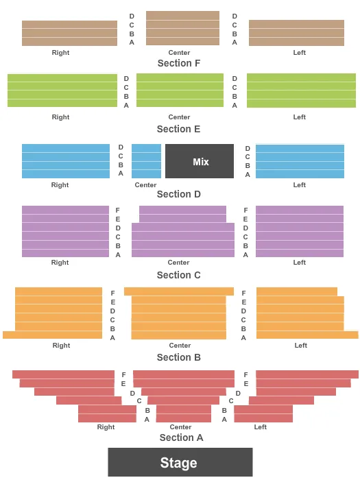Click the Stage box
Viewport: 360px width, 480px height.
[x=180, y=462]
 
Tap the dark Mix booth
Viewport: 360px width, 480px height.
[x=200, y=161]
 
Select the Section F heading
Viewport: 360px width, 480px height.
[x=179, y=63]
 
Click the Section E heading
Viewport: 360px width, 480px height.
[x=179, y=129]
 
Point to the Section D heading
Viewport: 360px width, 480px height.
[x=179, y=194]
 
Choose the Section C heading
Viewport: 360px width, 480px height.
[x=179, y=275]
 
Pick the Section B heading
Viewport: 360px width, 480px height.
[x=179, y=357]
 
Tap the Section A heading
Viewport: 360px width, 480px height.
[x=181, y=437]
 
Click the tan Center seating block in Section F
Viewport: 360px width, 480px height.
[x=182, y=28]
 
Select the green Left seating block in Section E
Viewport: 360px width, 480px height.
[x=301, y=91]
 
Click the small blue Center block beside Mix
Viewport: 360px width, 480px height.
[x=146, y=161]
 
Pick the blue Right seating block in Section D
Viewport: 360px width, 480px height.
[x=66, y=161]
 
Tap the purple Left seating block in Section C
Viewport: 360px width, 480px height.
[x=300, y=232]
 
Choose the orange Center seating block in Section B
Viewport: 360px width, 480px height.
[x=179, y=314]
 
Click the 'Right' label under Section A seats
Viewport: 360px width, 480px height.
[x=106, y=427]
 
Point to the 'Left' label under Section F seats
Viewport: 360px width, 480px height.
[x=300, y=53]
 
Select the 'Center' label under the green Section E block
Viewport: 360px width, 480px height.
[x=179, y=117]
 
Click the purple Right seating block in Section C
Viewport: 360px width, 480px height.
[x=65, y=232]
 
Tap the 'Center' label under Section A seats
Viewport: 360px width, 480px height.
[x=180, y=427]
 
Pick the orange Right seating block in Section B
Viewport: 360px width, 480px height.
[x=58, y=314]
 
